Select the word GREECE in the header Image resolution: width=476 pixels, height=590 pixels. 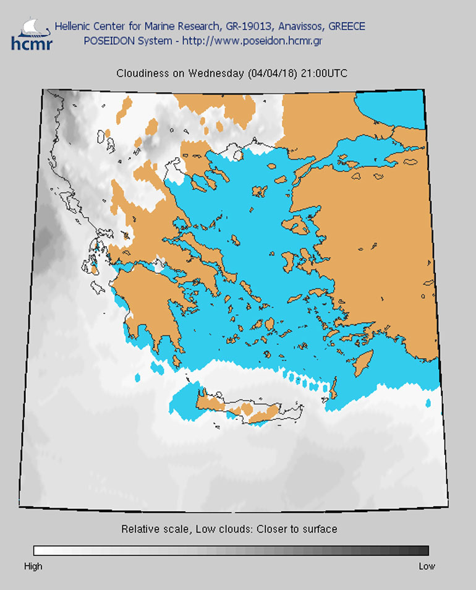click(x=347, y=27)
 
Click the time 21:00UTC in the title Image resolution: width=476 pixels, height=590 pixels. click(x=324, y=74)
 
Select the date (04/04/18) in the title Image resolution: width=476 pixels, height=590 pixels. click(x=273, y=74)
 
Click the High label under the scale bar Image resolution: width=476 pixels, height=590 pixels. click(x=33, y=566)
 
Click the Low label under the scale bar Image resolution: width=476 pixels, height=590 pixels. click(x=427, y=566)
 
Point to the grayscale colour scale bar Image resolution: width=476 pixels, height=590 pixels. click(x=231, y=550)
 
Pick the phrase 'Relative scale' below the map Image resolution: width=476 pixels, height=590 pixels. click(x=150, y=529)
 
